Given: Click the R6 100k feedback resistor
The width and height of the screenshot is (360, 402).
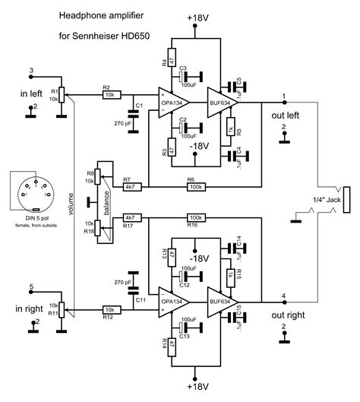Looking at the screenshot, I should (196, 185).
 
